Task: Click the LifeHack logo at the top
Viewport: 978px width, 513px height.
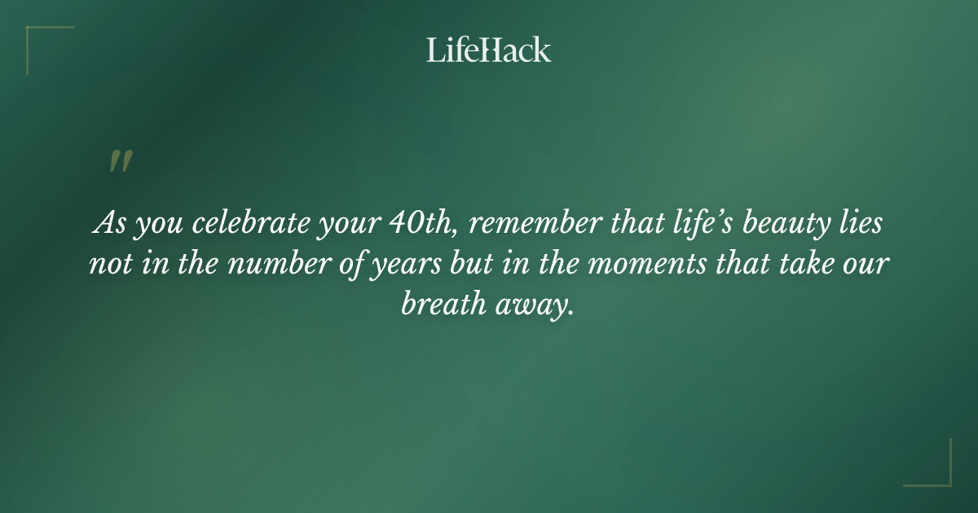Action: pyautogui.click(x=489, y=50)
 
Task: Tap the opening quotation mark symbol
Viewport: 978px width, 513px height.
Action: pyautogui.click(x=121, y=161)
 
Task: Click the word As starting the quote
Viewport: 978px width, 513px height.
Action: pyautogui.click(x=111, y=223)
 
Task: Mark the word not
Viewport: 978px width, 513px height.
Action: pyautogui.click(x=108, y=264)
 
